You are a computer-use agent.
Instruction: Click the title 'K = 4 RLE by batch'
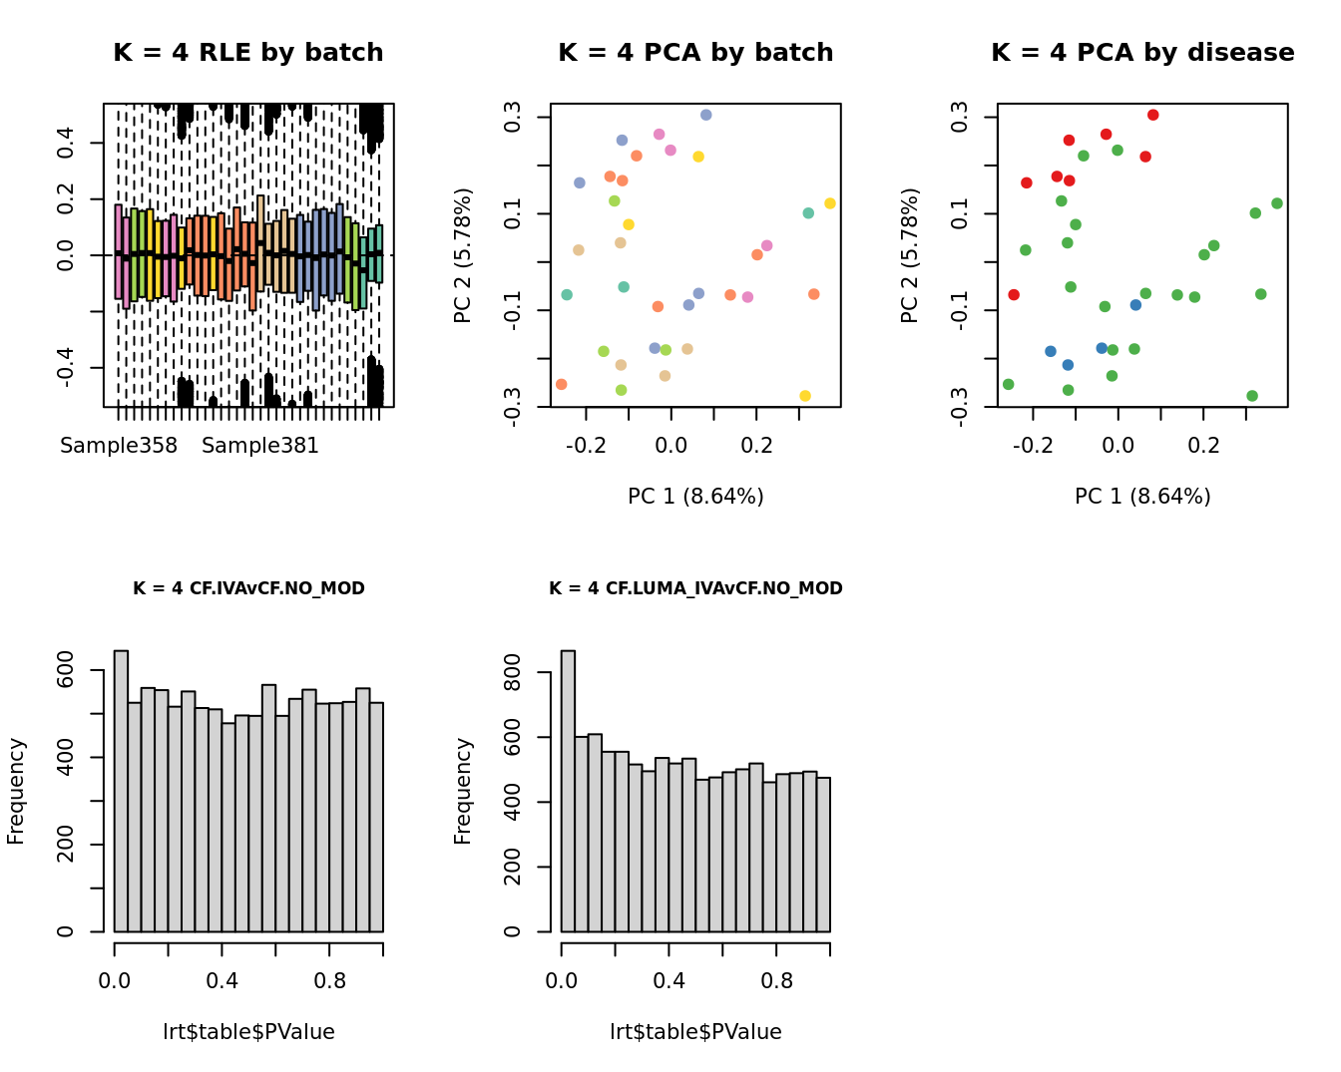[x=247, y=53]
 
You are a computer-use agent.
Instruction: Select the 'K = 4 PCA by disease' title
[x=1142, y=53]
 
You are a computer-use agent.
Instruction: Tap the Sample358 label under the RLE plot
[x=119, y=446]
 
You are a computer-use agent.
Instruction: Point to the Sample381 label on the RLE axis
[x=260, y=446]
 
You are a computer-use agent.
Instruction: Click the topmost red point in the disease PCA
[x=1152, y=115]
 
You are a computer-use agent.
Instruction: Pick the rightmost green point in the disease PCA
[x=1276, y=203]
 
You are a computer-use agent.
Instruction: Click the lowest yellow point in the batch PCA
[x=805, y=396]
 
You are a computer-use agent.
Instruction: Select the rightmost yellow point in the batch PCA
[x=830, y=203]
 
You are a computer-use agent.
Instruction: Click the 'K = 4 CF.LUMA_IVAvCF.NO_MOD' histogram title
[x=695, y=588]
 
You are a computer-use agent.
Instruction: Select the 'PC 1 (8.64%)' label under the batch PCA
[x=695, y=496]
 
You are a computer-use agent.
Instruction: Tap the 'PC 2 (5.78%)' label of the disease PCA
[x=909, y=255]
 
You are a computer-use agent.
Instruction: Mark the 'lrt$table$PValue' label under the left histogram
[x=248, y=1032]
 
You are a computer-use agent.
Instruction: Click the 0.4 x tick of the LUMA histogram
[x=670, y=980]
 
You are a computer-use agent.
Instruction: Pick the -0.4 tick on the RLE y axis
[x=66, y=368]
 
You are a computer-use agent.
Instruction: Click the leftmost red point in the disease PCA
[x=1014, y=294]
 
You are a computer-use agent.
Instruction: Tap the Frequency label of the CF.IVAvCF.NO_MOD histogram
[x=16, y=791]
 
